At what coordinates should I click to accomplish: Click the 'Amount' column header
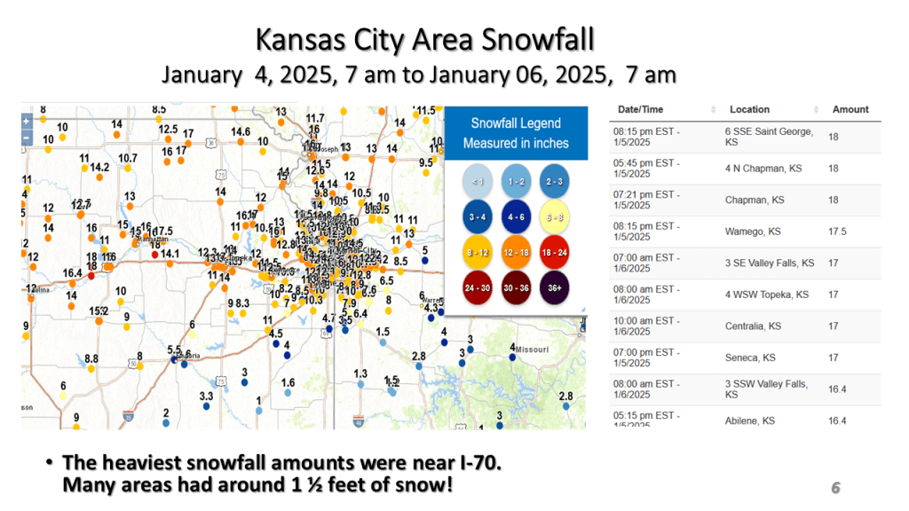point(850,109)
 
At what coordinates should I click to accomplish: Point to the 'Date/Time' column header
point(641,109)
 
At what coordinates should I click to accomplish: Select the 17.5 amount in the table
point(837,231)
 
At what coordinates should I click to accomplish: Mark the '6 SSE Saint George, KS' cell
point(768,136)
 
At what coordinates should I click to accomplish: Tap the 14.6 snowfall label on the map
point(241,132)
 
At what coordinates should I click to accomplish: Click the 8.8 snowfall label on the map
point(91,358)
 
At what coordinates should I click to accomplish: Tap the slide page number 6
point(835,487)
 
